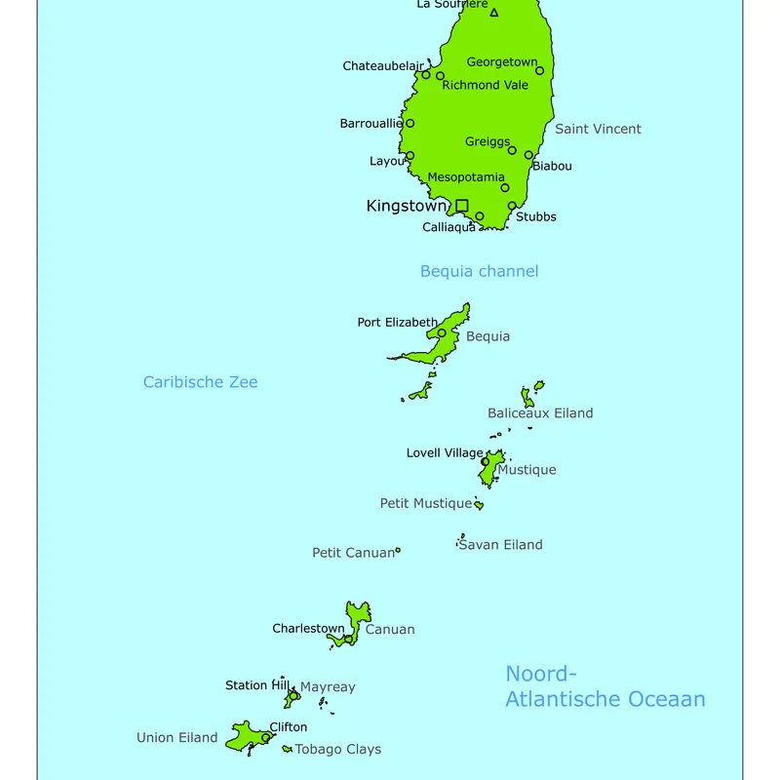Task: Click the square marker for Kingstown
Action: pyautogui.click(x=462, y=206)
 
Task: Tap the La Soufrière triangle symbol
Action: pyautogui.click(x=494, y=13)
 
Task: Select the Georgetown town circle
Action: pyautogui.click(x=539, y=70)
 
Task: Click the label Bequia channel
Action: pyautogui.click(x=479, y=271)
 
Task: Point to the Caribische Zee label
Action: pyautogui.click(x=200, y=382)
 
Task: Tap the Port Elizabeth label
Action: pyautogui.click(x=397, y=322)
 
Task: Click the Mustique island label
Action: pyautogui.click(x=526, y=470)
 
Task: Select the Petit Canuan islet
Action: pyautogui.click(x=398, y=551)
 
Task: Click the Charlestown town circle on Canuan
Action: pyautogui.click(x=348, y=640)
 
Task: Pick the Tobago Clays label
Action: pyautogui.click(x=337, y=750)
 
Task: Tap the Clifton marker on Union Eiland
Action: pyautogui.click(x=265, y=738)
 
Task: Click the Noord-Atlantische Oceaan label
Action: pyautogui.click(x=604, y=686)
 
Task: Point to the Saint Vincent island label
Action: pyautogui.click(x=598, y=129)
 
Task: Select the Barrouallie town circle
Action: pyautogui.click(x=409, y=123)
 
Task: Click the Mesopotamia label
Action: pyautogui.click(x=466, y=177)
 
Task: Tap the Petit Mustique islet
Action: pyautogui.click(x=479, y=505)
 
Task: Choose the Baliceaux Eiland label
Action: pyautogui.click(x=540, y=413)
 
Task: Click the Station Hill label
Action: pyautogui.click(x=259, y=685)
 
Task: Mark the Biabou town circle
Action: pyautogui.click(x=528, y=155)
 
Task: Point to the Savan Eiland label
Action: pyautogui.click(x=500, y=545)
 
